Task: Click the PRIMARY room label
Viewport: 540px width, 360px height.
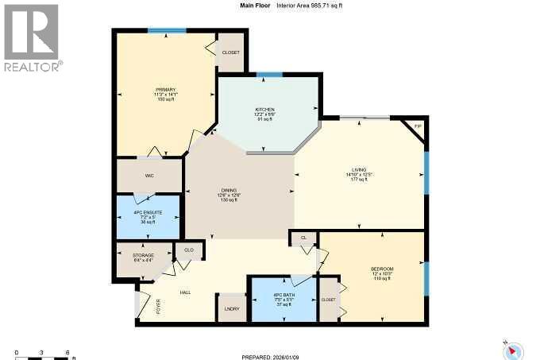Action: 164,90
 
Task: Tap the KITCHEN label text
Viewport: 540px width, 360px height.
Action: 264,109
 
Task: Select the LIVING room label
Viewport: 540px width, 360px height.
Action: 360,170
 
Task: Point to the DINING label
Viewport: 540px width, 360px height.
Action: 230,190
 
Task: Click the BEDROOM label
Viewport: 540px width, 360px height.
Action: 382,269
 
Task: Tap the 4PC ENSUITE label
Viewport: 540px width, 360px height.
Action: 148,211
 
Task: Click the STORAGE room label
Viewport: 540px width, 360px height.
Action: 143,255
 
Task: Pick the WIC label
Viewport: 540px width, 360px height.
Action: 148,176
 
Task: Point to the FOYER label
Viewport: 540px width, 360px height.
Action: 157,305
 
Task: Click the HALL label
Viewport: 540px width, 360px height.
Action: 185,292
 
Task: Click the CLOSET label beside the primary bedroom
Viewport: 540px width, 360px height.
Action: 230,52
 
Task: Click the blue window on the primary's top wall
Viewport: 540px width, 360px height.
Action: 167,30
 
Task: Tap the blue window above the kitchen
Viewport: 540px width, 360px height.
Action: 269,74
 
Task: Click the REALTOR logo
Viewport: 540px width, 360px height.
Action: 33,37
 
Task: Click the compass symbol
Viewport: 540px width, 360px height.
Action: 512,348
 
